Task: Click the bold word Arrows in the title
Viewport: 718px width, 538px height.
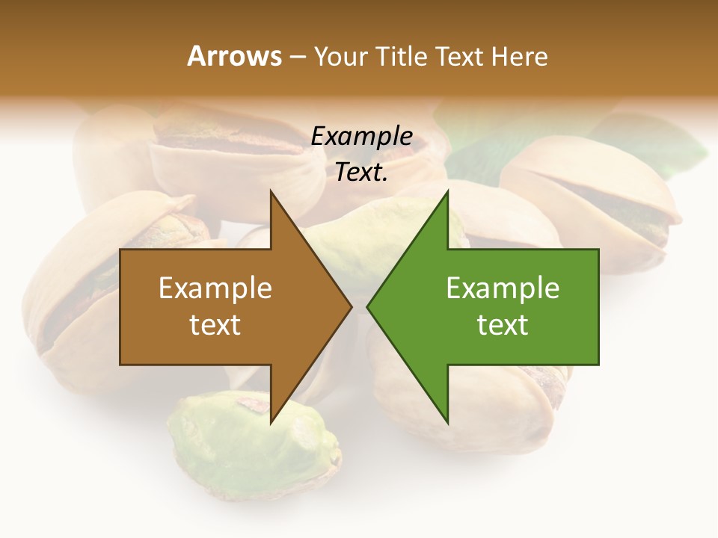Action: tap(233, 56)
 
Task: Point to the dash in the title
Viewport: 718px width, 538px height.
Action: tap(297, 57)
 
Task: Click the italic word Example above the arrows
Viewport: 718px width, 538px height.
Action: tap(361, 137)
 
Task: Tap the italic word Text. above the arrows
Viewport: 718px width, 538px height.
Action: tap(361, 172)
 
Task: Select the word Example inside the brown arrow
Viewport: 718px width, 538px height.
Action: tap(215, 288)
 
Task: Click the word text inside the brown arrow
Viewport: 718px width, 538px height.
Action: tap(215, 324)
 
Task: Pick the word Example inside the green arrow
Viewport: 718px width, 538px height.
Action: tap(503, 288)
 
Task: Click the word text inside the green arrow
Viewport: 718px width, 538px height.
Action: tap(503, 324)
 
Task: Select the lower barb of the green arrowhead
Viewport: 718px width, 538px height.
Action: tap(446, 415)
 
